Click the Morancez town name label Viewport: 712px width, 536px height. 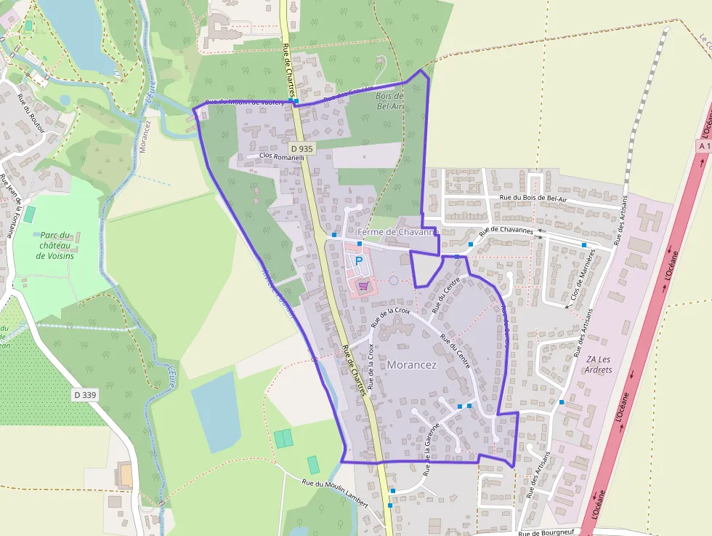click(x=412, y=365)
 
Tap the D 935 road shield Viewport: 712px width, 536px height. click(x=305, y=148)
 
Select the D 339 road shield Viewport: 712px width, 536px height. click(x=84, y=394)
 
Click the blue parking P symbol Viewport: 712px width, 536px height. click(x=358, y=260)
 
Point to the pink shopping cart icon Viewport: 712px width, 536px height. click(x=363, y=286)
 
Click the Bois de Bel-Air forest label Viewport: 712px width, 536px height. click(x=390, y=100)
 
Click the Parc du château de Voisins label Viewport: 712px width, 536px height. click(x=56, y=245)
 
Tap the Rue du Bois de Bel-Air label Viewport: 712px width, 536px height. click(x=543, y=198)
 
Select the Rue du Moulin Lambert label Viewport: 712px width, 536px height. click(x=335, y=494)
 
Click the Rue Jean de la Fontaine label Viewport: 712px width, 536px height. click(x=10, y=207)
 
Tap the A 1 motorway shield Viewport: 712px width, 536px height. click(x=703, y=146)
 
